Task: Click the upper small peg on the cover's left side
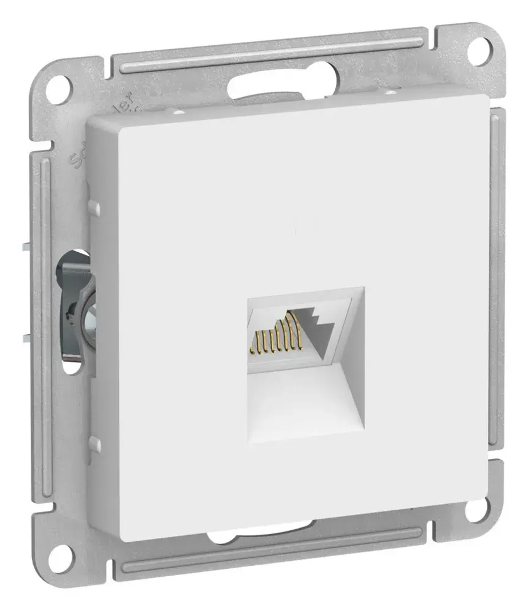tap(94, 207)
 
